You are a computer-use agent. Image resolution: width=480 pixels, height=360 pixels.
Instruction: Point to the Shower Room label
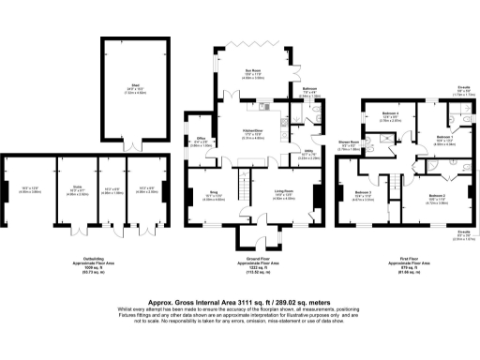[x=347, y=142]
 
